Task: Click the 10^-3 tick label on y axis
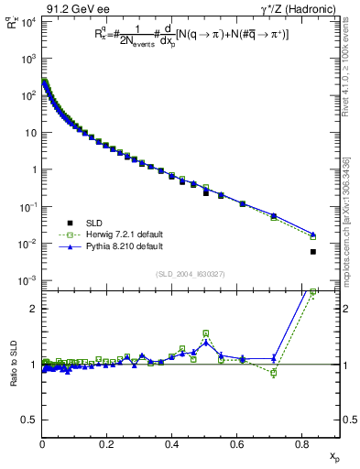(x=26, y=280)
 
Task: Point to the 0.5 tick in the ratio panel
(x=29, y=420)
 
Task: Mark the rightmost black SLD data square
(x=313, y=252)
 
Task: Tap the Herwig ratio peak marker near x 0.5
(x=205, y=333)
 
